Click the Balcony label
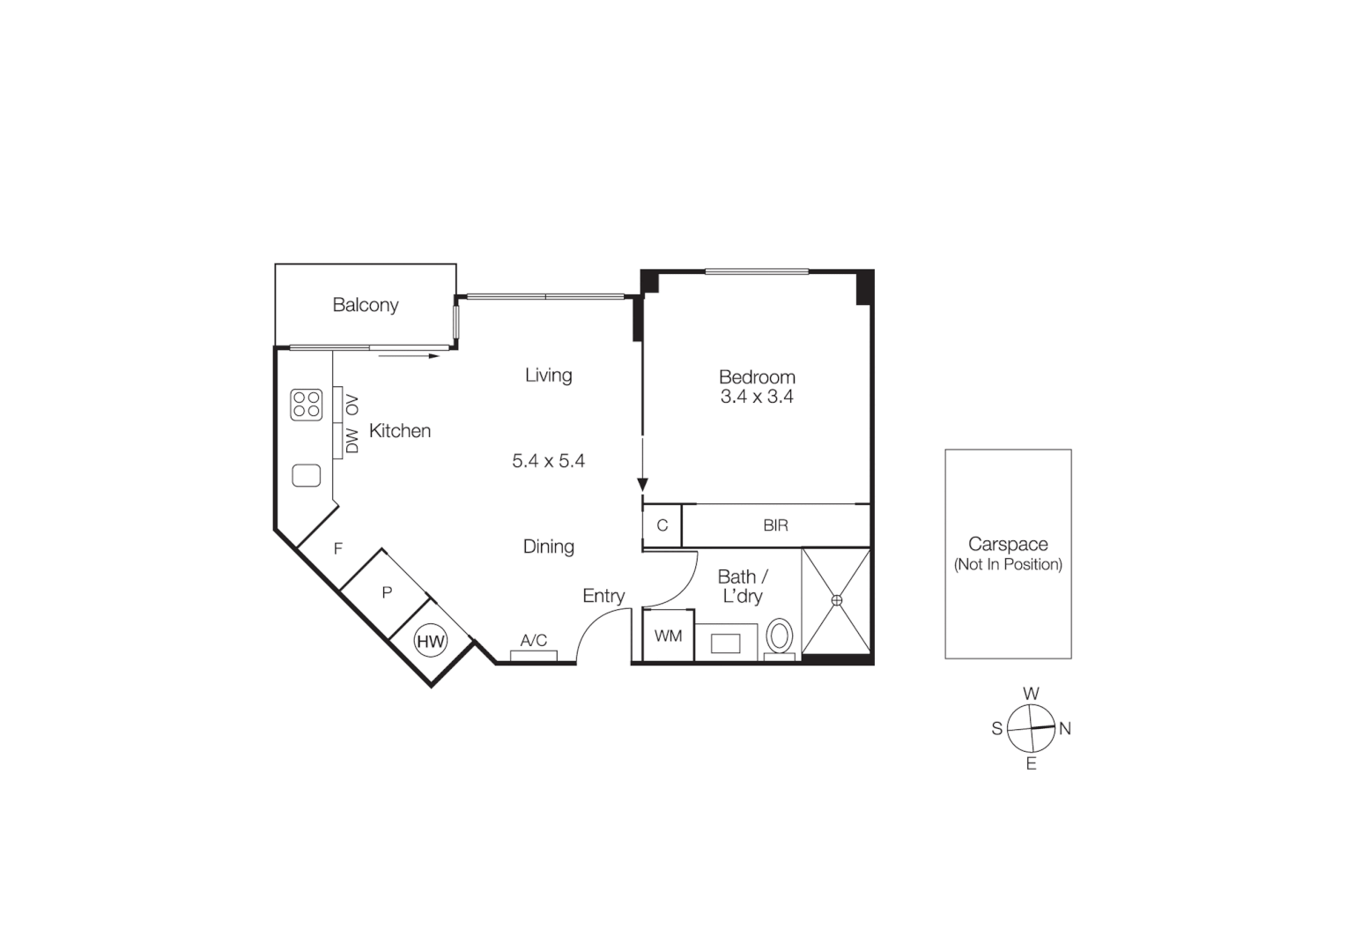point(365,305)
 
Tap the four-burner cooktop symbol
point(307,405)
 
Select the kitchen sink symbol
point(307,475)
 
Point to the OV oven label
point(353,405)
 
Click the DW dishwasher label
point(353,441)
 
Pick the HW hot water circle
point(431,641)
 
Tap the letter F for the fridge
point(338,549)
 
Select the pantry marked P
point(387,593)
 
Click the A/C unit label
point(534,641)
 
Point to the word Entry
point(603,596)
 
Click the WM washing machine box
point(668,636)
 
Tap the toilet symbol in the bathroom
point(780,636)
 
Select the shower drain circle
point(837,600)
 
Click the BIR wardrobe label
point(775,525)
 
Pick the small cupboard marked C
point(662,525)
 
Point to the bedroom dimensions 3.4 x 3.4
point(757,398)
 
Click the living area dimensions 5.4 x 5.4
point(548,461)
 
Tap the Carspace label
point(1008,545)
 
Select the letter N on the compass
point(1064,729)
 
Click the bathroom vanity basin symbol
point(726,643)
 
